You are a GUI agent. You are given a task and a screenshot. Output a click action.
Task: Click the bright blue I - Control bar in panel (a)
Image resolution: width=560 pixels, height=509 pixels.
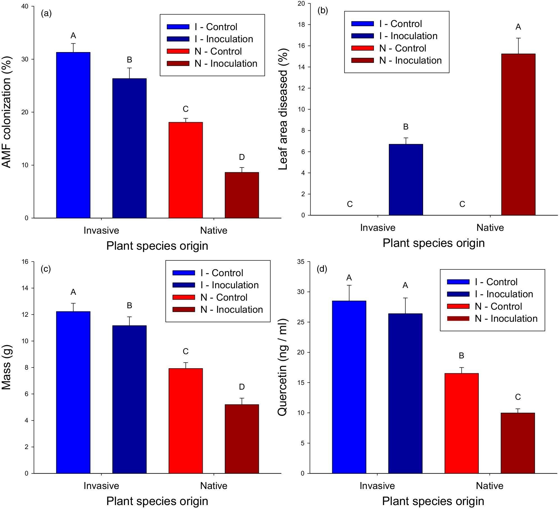tap(73, 135)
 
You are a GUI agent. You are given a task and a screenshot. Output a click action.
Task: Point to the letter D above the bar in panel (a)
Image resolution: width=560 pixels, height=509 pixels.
tap(242, 157)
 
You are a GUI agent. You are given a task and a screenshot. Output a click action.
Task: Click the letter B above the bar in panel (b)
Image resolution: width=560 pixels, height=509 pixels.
tap(406, 127)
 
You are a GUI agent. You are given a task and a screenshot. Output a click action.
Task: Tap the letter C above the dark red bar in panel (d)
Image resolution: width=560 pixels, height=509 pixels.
tap(518, 397)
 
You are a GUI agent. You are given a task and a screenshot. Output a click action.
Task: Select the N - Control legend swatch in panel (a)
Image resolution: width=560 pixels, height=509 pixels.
tap(178, 51)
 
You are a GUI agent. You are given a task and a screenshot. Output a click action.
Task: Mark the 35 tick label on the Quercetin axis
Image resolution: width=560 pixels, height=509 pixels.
tap(301, 262)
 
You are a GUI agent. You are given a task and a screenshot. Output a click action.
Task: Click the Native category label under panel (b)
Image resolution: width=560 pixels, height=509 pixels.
tap(490, 227)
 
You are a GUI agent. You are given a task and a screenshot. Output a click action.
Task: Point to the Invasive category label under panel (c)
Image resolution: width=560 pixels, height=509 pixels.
tap(101, 486)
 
